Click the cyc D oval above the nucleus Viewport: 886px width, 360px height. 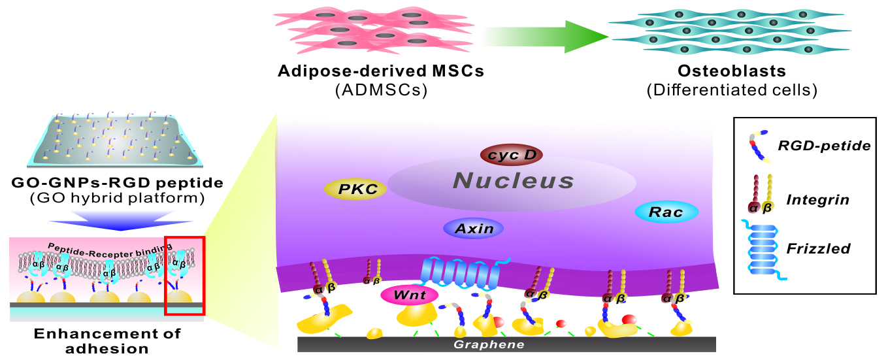coord(511,155)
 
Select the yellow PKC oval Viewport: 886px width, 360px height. coord(355,189)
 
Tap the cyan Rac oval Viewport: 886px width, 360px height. coord(666,212)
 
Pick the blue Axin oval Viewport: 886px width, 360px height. coord(474,228)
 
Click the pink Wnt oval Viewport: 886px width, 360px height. coord(410,295)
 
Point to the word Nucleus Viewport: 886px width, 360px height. coord(513,181)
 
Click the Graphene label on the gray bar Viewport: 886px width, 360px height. coord(489,344)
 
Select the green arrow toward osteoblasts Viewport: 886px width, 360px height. coord(546,37)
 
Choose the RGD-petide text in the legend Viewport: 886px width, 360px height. coord(825,146)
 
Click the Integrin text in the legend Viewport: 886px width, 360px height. coord(817,200)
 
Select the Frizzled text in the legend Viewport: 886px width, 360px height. coord(818,248)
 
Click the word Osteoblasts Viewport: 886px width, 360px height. coord(732,71)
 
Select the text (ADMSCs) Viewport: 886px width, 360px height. coord(382,90)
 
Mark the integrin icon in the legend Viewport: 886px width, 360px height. coord(760,195)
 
